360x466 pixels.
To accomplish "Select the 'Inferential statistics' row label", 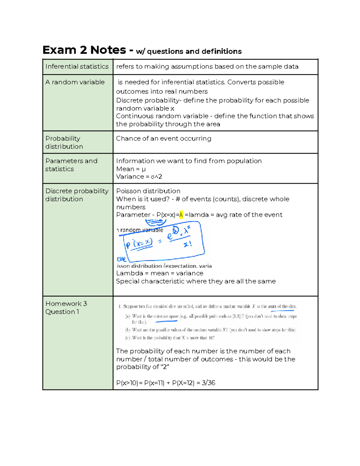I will tap(77, 66).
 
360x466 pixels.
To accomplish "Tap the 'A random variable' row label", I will tap(75, 82).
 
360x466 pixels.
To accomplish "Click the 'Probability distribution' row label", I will tap(64, 143).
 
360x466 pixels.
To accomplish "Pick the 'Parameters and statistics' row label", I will tap(71, 165).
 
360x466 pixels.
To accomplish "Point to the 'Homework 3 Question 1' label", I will tap(66, 308).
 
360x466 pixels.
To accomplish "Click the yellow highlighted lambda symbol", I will tap(181, 215).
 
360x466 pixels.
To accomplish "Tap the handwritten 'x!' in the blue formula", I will tap(188, 244).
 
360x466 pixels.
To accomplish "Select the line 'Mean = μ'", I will tap(131, 169).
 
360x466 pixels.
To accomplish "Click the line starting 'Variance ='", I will tap(139, 177).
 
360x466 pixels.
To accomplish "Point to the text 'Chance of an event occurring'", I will tap(163, 138).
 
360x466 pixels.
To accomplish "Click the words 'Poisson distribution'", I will tap(148, 191).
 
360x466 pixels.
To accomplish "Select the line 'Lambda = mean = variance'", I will tap(160, 273).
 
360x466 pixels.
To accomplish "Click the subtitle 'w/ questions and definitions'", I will tap(189, 51).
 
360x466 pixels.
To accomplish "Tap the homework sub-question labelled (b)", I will tap(210, 330).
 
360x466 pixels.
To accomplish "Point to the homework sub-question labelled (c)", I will tap(170, 338).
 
